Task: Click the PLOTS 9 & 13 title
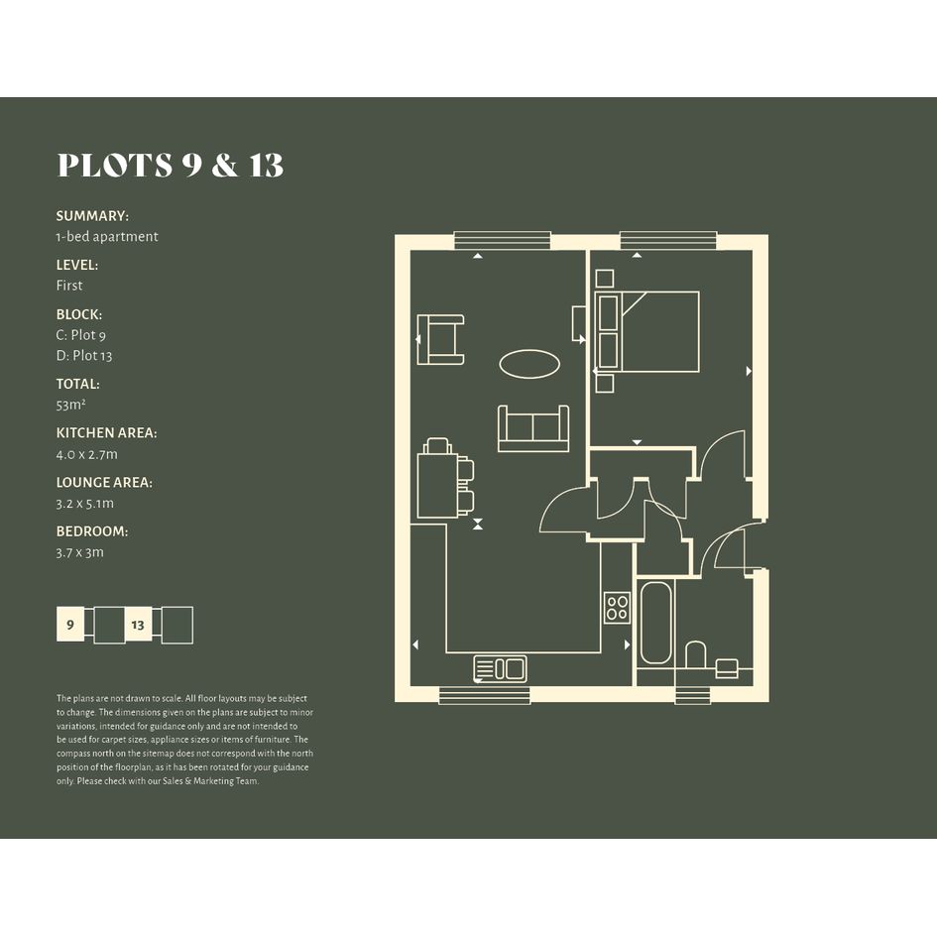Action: pyautogui.click(x=171, y=165)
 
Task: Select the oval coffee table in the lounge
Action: pyautogui.click(x=529, y=364)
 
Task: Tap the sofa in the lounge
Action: pyautogui.click(x=533, y=428)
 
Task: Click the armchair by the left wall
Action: pyautogui.click(x=440, y=339)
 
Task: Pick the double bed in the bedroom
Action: pyautogui.click(x=647, y=331)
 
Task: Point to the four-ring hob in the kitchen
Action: pyautogui.click(x=618, y=607)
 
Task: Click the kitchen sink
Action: pyautogui.click(x=500, y=668)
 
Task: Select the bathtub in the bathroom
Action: pyautogui.click(x=655, y=623)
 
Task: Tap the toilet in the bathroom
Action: pyautogui.click(x=695, y=655)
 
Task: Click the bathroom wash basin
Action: pyautogui.click(x=727, y=668)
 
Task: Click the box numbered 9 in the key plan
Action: pyautogui.click(x=70, y=625)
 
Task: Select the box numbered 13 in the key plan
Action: pyautogui.click(x=138, y=625)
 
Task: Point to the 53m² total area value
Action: pyautogui.click(x=71, y=405)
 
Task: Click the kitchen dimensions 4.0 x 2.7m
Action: pyautogui.click(x=87, y=454)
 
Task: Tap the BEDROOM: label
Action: pyautogui.click(x=92, y=531)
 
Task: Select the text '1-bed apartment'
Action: pyautogui.click(x=107, y=237)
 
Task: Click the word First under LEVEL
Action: pyautogui.click(x=69, y=286)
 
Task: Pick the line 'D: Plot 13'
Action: pyautogui.click(x=84, y=356)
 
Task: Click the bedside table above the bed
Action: pyautogui.click(x=605, y=279)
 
